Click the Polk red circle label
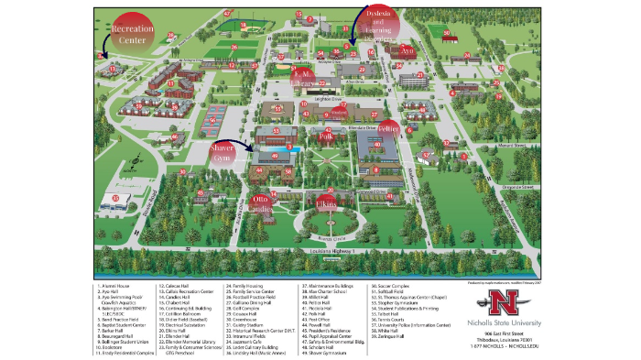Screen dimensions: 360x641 coord(326,135)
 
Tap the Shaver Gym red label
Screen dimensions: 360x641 coord(225,151)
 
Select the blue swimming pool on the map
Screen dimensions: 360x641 coord(292,147)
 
